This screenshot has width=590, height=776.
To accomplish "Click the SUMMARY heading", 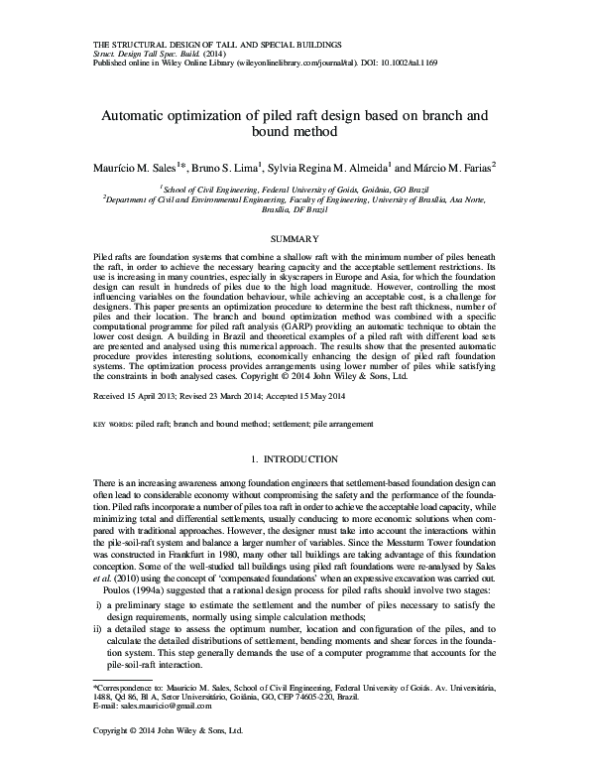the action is coord(295,238).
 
